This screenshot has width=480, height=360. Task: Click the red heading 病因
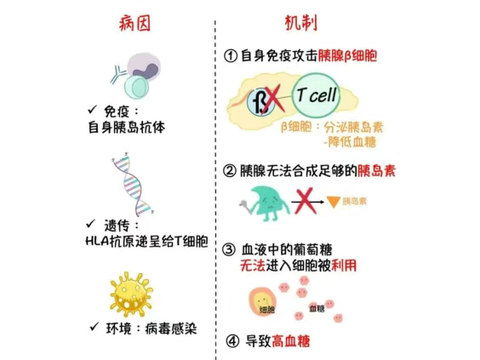(134, 23)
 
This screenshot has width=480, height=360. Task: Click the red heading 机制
(301, 23)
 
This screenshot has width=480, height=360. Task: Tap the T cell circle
(316, 95)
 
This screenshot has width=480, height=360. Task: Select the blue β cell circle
(260, 102)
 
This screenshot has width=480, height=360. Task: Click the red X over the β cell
(273, 100)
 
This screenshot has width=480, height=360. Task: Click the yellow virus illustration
(131, 294)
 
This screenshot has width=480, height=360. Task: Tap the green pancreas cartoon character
(267, 203)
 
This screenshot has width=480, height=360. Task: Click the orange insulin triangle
(334, 201)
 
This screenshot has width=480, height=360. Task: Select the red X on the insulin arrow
(305, 201)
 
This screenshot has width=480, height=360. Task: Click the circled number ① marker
(231, 56)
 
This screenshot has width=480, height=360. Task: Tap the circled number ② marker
(229, 171)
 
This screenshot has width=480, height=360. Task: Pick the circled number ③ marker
(229, 249)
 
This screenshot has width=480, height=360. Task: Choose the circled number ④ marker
(232, 340)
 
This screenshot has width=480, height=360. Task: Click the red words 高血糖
(291, 340)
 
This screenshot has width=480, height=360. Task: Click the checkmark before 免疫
(92, 109)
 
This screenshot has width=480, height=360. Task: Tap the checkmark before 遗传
(90, 224)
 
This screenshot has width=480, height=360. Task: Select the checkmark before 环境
(94, 327)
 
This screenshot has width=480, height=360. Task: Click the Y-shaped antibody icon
(118, 74)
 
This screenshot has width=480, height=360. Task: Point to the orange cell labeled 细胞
(263, 301)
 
